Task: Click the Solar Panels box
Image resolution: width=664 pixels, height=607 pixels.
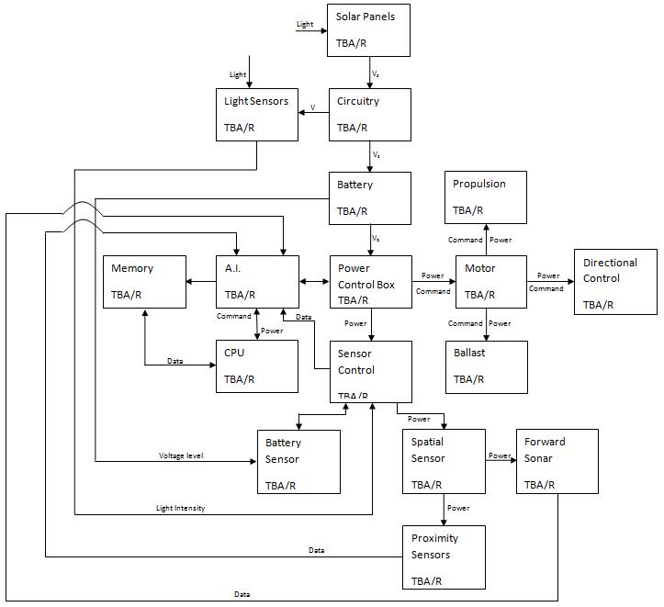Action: click(369, 30)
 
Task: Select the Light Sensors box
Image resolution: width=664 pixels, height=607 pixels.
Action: click(257, 115)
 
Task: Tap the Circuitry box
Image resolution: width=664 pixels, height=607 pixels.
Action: click(369, 115)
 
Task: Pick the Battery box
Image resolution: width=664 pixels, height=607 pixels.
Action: click(369, 198)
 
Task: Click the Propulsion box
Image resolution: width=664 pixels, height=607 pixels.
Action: click(486, 197)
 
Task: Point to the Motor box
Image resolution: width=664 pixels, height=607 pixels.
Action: click(491, 281)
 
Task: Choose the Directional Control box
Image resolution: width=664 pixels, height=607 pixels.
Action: click(615, 282)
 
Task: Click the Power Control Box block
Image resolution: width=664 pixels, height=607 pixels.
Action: click(369, 281)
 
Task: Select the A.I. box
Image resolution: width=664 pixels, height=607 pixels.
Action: click(257, 281)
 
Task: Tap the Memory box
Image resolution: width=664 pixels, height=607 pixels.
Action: click(144, 281)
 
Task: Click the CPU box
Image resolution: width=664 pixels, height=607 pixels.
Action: click(257, 366)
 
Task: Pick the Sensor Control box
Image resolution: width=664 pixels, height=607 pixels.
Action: click(369, 370)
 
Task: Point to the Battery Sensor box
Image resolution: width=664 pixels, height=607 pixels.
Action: click(298, 462)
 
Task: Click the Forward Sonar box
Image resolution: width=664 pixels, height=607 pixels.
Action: click(557, 462)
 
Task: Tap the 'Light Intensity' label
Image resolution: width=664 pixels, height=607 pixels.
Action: click(181, 508)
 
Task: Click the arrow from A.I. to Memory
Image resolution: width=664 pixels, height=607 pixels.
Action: click(201, 282)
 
